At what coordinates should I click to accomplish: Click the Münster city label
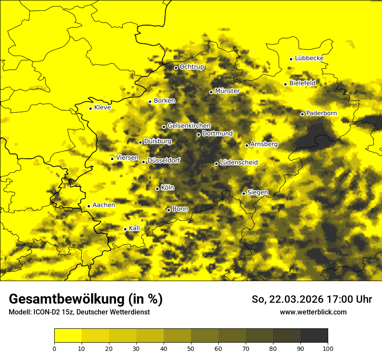(227, 91)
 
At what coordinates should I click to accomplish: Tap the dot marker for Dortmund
(198, 134)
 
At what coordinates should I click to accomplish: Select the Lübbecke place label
(309, 58)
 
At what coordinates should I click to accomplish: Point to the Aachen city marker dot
(89, 206)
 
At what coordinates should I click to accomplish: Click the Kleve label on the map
(102, 108)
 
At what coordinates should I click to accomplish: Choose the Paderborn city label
(321, 113)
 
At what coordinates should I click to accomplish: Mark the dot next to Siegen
(244, 193)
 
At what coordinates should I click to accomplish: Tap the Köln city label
(167, 188)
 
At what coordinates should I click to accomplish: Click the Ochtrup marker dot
(176, 68)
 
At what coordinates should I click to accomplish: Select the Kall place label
(134, 228)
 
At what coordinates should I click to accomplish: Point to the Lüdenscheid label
(239, 163)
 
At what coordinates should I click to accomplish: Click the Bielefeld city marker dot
(285, 84)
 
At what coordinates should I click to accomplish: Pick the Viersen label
(127, 158)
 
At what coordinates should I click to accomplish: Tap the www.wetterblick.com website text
(313, 312)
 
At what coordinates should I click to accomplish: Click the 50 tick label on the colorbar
(191, 348)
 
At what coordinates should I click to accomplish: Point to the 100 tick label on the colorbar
(328, 348)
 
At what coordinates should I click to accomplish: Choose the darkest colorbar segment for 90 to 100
(314, 335)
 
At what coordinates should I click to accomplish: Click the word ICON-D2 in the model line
(44, 312)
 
